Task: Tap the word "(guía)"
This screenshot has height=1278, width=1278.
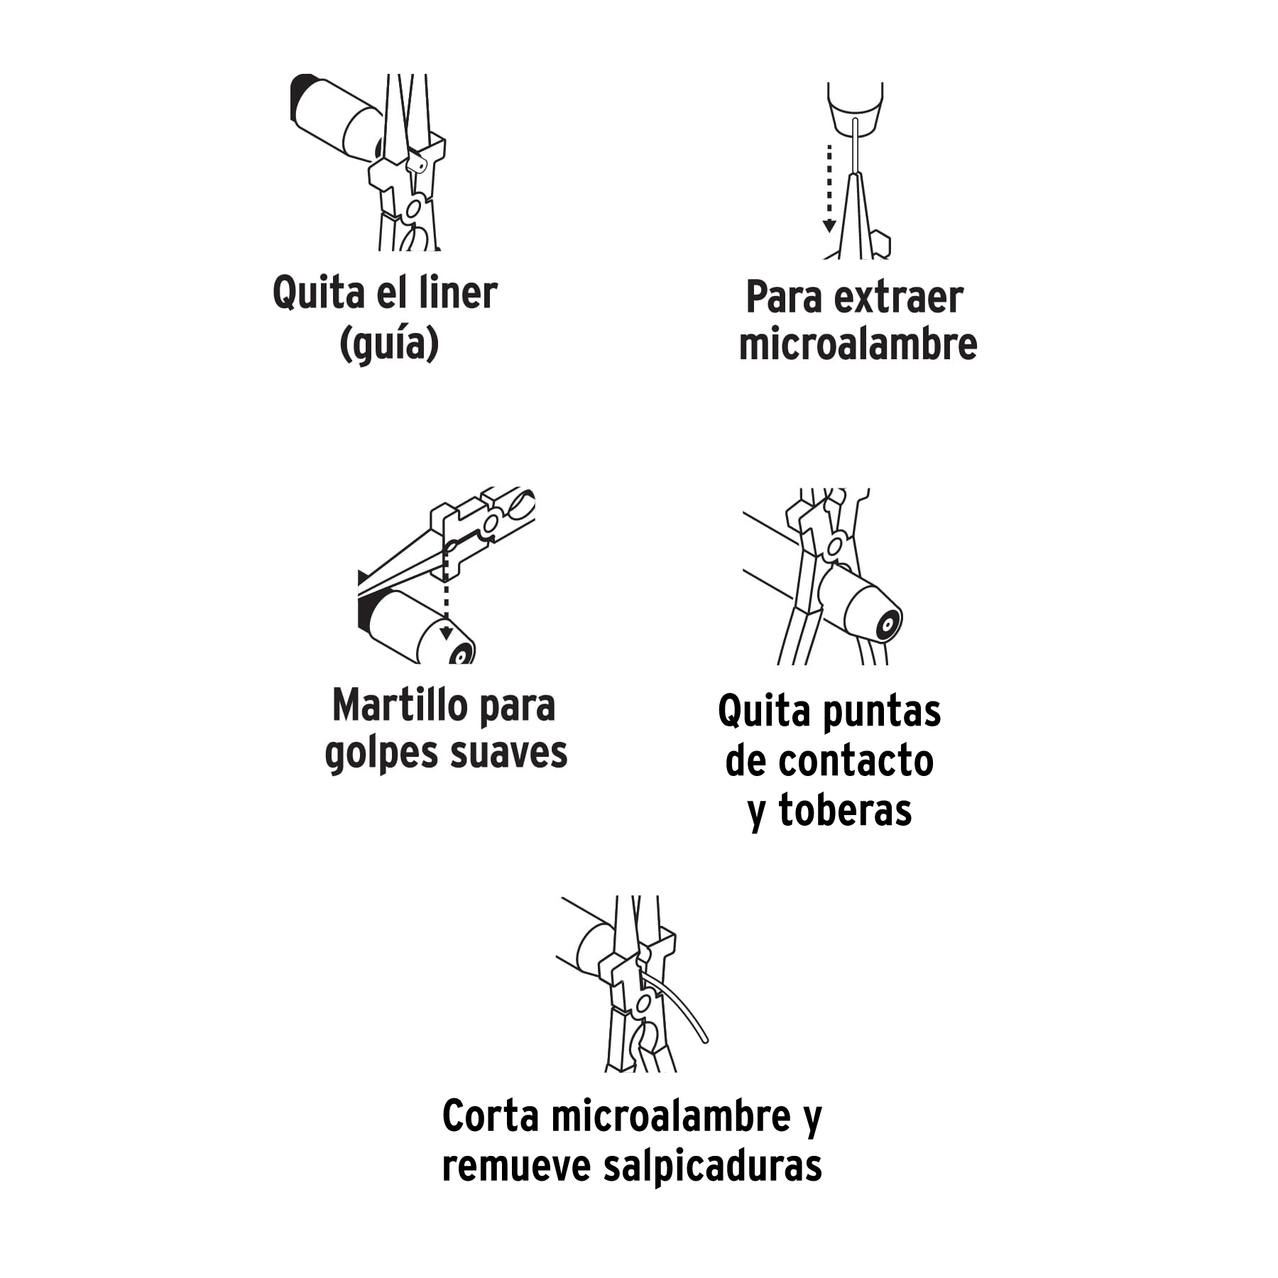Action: pyautogui.click(x=389, y=344)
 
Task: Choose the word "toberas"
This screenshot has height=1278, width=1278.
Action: pyautogui.click(x=845, y=810)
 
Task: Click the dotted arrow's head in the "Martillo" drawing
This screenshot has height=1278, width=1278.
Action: pyautogui.click(x=446, y=633)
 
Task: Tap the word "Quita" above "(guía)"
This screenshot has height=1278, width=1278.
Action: pyautogui.click(x=308, y=293)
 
